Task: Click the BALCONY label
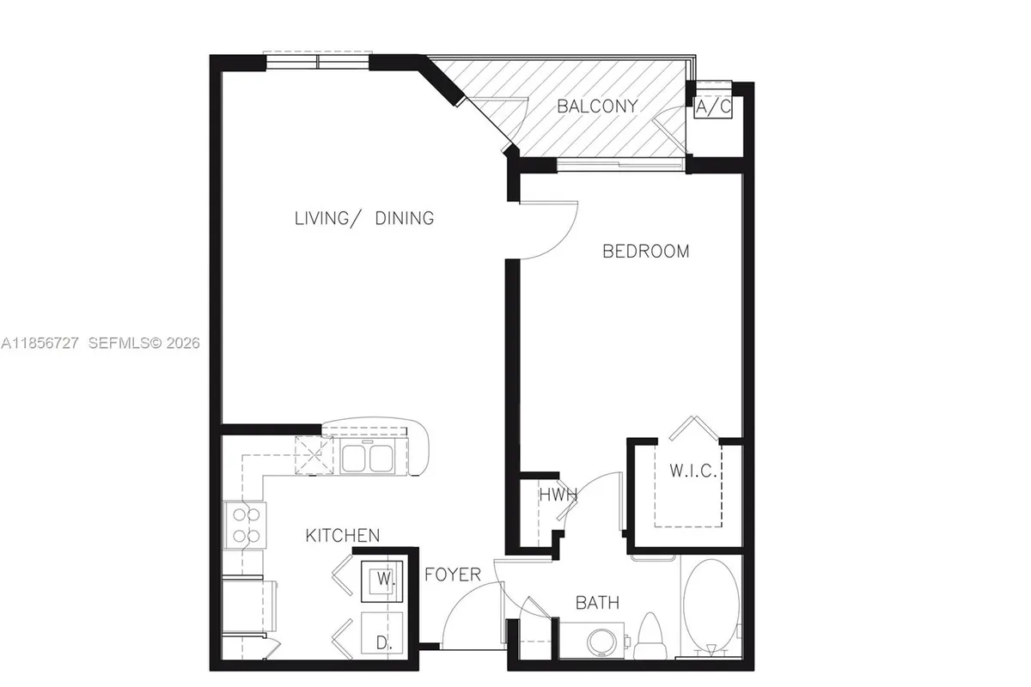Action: [x=597, y=106]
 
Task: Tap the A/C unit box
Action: [x=713, y=107]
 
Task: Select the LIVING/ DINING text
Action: [x=363, y=218]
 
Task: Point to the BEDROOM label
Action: [x=645, y=252]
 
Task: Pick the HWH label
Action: [x=557, y=495]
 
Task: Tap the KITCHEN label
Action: [x=342, y=536]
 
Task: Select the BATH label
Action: [x=597, y=604]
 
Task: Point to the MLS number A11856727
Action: [x=40, y=343]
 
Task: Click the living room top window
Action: [x=317, y=61]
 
